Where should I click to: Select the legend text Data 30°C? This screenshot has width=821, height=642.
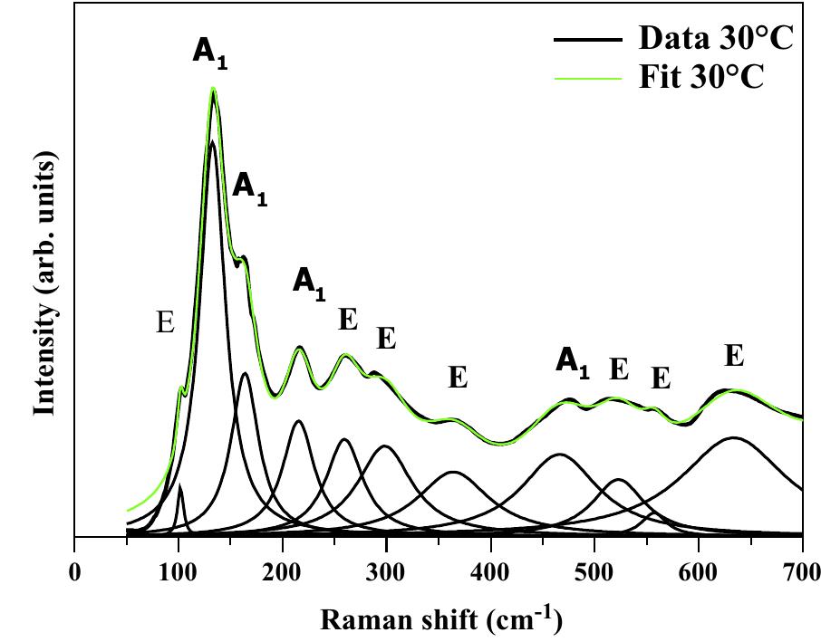pyautogui.click(x=717, y=38)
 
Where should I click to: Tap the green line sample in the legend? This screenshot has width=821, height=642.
pyautogui.click(x=588, y=78)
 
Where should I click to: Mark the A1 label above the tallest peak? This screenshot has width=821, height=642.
pyautogui.click(x=209, y=52)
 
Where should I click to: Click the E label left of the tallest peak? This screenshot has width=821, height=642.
pyautogui.click(x=165, y=323)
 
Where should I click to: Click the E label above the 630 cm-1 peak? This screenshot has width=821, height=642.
pyautogui.click(x=734, y=356)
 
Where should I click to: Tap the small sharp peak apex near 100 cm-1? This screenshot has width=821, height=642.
pyautogui.click(x=179, y=487)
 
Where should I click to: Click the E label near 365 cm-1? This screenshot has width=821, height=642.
pyautogui.click(x=458, y=378)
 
